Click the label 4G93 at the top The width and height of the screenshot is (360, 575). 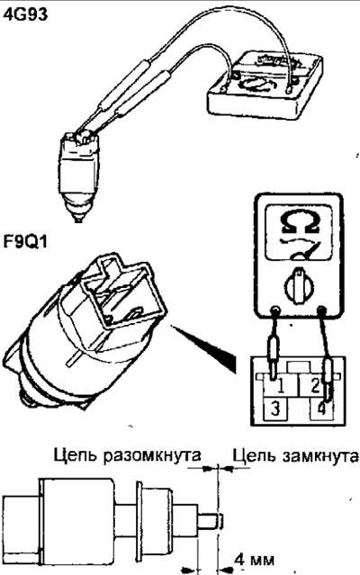25,14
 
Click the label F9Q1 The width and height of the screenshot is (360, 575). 25,242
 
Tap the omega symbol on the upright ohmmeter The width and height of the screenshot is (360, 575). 299,221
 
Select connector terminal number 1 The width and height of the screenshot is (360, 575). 280,385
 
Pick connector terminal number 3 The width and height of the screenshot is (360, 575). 275,409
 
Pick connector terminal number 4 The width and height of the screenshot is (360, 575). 321,409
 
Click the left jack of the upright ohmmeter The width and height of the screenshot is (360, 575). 274,311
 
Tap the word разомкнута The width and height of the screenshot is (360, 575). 152,455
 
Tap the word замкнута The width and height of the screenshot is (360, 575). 320,456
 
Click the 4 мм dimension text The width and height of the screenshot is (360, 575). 255,560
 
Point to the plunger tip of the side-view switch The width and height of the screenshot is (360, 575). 221,521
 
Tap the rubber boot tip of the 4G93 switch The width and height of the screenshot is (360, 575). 76,211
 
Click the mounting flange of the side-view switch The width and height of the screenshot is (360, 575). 139,521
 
